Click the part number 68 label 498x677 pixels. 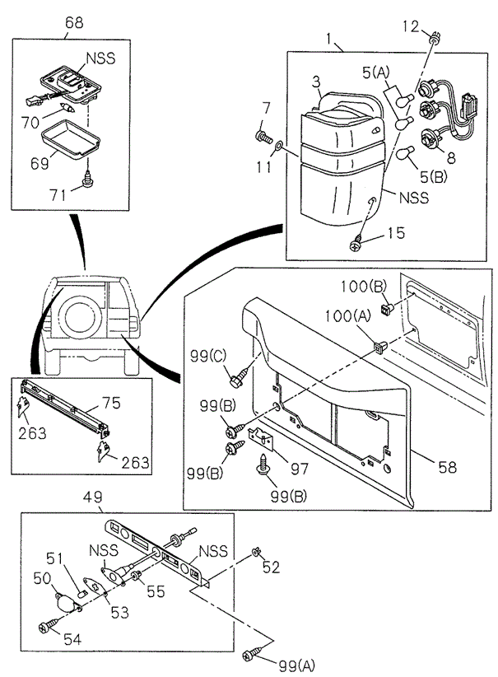[x=74, y=23]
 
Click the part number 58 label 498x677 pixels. [x=446, y=467]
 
